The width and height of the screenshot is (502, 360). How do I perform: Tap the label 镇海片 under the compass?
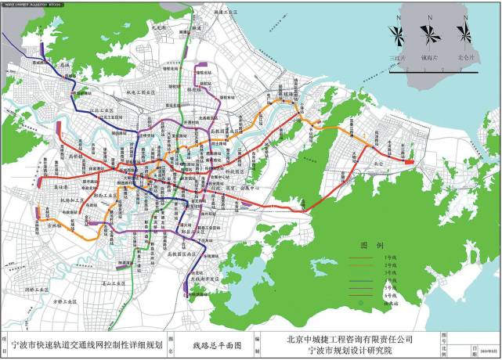tap(430, 56)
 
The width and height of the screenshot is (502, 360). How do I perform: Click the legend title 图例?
tap(369, 245)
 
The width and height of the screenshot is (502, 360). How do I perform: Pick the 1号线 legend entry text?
tap(386, 257)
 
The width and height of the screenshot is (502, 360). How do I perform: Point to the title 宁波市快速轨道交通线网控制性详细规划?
tap(87, 344)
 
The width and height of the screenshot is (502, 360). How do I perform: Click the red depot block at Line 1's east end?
tap(410, 163)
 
